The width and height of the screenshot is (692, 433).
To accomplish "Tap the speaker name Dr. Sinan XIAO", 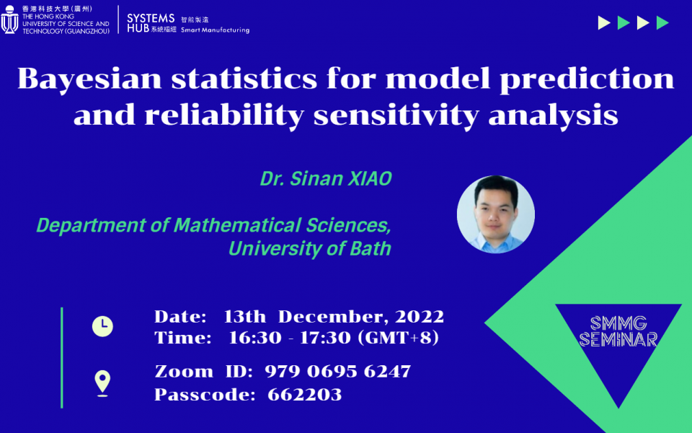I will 326,179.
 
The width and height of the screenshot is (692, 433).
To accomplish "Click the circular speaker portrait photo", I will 496,214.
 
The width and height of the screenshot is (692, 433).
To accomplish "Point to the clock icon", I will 102,326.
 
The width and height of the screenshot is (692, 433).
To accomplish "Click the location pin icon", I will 102,382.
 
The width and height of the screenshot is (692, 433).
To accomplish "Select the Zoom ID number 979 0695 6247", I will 337,372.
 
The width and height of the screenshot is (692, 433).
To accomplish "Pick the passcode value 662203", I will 304,395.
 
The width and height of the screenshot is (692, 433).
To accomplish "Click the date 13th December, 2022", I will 334,317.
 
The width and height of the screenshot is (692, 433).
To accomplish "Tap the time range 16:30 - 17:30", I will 289,338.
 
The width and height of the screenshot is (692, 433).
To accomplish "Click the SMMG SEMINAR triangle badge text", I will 618,331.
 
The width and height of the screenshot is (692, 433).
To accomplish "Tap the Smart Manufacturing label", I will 215,30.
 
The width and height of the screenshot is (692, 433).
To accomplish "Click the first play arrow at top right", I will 604,23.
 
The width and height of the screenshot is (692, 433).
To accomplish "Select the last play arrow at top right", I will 662,23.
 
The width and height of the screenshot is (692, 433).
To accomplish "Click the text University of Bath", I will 310,249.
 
